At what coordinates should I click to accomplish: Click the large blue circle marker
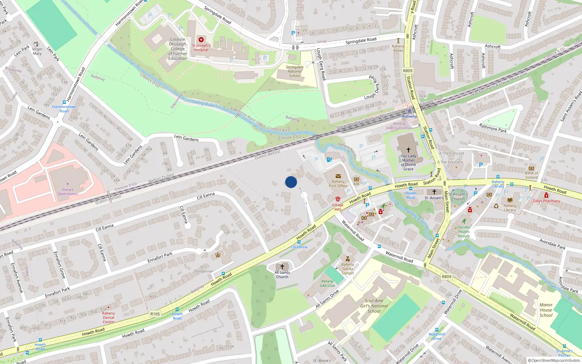[x=291, y=182]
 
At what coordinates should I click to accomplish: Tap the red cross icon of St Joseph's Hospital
[x=201, y=40]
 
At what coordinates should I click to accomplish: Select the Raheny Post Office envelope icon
[x=338, y=176]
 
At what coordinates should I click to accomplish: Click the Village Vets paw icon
[x=338, y=199]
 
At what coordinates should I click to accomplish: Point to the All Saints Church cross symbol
[x=282, y=267]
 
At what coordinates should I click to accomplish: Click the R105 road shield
[x=155, y=314]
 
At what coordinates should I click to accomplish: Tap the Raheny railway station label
[x=409, y=116]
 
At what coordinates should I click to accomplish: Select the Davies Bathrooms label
[x=68, y=192]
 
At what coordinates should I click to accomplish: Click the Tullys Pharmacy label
[x=546, y=201]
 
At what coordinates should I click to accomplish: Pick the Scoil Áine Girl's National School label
[x=374, y=306]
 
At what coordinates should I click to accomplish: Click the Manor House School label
[x=546, y=310]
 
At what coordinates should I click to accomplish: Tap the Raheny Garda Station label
[x=347, y=269]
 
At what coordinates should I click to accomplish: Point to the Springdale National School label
[x=294, y=71]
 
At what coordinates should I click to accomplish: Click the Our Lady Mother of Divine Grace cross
[x=408, y=150]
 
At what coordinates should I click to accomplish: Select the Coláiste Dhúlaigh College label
[x=178, y=49]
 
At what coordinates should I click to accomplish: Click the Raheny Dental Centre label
[x=108, y=317]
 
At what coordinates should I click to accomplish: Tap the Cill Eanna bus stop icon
[x=299, y=242]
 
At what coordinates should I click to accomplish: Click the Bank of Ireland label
[x=531, y=175]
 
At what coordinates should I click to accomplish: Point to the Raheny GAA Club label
[x=327, y=283]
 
